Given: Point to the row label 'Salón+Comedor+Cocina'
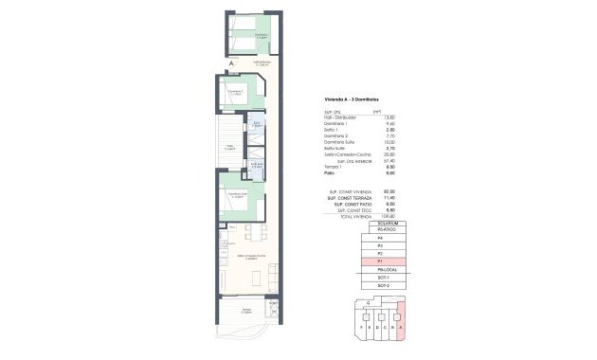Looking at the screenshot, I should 346,154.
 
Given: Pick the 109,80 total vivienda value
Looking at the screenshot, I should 389,216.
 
